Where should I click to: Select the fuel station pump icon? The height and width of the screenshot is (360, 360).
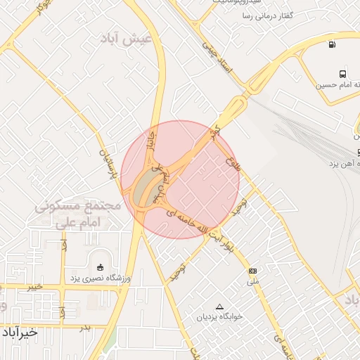pos(331,46)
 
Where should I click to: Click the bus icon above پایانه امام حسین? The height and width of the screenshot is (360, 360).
pos(342,74)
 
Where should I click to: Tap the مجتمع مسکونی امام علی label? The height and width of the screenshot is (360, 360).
pos(77,214)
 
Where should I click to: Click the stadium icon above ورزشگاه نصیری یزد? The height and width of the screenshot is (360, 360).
pos(100,267)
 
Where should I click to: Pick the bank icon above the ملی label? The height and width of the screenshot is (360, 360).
pos(253,271)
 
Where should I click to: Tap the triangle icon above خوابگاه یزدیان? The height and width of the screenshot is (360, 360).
pos(219,307)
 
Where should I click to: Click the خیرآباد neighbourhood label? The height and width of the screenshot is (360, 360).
pos(20,333)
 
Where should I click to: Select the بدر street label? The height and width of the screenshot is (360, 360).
pos(85,328)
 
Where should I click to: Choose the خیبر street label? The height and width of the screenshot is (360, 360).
pos(34,287)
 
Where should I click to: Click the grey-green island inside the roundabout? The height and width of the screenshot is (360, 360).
pos(146,187)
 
